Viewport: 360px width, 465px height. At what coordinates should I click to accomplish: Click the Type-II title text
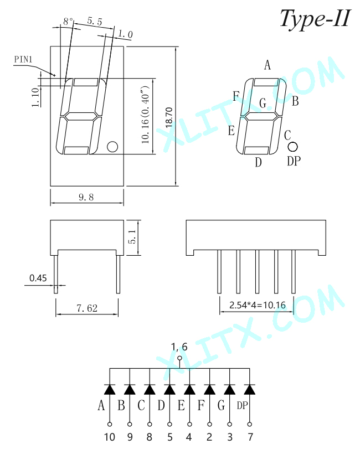(315, 18)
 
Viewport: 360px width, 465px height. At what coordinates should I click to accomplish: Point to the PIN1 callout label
(23, 59)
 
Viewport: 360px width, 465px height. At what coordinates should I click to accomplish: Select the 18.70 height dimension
(169, 117)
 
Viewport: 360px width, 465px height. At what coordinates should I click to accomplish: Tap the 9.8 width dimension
(86, 197)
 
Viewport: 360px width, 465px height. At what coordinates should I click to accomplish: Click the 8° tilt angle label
(68, 21)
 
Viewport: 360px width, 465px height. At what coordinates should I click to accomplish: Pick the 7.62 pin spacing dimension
(87, 308)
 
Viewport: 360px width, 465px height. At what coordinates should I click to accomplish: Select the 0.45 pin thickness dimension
(38, 278)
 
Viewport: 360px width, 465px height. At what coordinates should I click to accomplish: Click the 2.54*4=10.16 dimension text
(258, 305)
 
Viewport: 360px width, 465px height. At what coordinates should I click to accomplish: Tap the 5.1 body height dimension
(132, 237)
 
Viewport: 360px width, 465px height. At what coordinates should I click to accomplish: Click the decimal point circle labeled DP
(292, 147)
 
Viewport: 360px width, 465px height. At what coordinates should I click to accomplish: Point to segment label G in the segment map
(263, 103)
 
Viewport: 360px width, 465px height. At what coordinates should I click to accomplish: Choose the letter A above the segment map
(268, 65)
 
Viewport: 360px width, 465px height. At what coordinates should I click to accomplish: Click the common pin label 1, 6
(179, 347)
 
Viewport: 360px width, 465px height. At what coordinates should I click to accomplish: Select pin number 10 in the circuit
(110, 437)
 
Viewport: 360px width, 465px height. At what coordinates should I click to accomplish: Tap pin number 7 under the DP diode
(250, 437)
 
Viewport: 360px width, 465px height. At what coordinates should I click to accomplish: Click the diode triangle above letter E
(189, 389)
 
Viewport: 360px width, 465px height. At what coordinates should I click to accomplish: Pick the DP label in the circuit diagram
(242, 405)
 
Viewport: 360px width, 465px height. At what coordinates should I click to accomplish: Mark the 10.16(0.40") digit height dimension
(145, 115)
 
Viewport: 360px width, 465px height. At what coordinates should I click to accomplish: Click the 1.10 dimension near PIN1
(35, 97)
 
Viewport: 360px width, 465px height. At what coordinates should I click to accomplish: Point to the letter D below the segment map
(259, 162)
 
